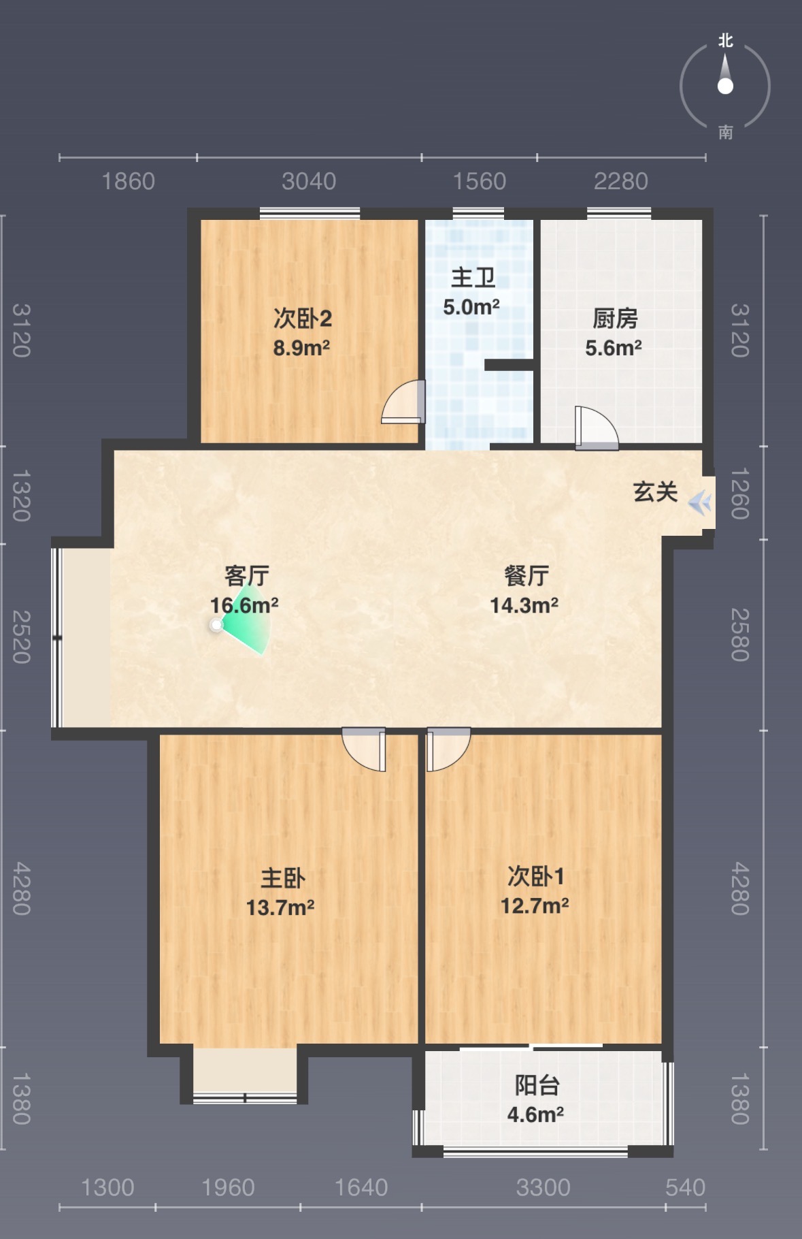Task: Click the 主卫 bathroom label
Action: pyautogui.click(x=473, y=278)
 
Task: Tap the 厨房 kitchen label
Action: pyautogui.click(x=615, y=319)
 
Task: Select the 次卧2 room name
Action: pyautogui.click(x=303, y=319)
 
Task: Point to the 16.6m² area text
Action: pyautogui.click(x=244, y=605)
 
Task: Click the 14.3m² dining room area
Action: pyautogui.click(x=524, y=605)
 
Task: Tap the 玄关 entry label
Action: pyautogui.click(x=656, y=492)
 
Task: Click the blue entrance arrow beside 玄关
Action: pyautogui.click(x=700, y=504)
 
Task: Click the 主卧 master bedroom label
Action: pyautogui.click(x=283, y=878)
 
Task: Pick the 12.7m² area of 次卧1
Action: pyautogui.click(x=535, y=906)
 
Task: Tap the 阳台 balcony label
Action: pyautogui.click(x=537, y=1085)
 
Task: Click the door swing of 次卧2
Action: pyautogui.click(x=403, y=402)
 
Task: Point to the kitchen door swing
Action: pyautogui.click(x=597, y=428)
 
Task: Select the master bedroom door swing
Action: pyautogui.click(x=364, y=750)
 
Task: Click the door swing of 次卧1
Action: pyautogui.click(x=448, y=750)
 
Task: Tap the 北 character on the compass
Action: pyautogui.click(x=726, y=41)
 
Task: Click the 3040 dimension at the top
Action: pyautogui.click(x=309, y=182)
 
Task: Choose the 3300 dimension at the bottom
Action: pyautogui.click(x=543, y=1188)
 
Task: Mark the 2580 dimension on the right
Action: pyautogui.click(x=740, y=634)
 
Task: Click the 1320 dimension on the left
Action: pyautogui.click(x=22, y=496)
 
